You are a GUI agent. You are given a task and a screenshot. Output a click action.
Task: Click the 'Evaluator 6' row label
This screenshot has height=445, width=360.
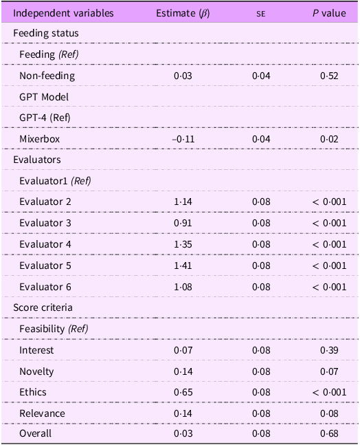(46, 287)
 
